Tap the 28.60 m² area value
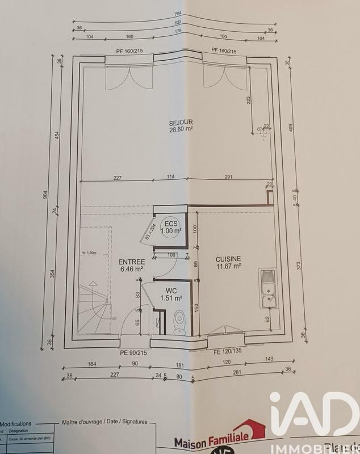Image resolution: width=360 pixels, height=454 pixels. click(181, 129)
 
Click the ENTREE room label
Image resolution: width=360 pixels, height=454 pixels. click(131, 262)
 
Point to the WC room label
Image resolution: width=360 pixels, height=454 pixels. click(170, 291)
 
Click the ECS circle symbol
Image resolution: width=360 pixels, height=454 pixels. click(170, 227)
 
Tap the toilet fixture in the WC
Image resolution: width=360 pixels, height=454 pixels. click(179, 323)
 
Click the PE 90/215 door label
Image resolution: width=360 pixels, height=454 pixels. click(133, 353)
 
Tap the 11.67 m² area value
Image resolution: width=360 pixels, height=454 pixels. click(229, 265)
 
